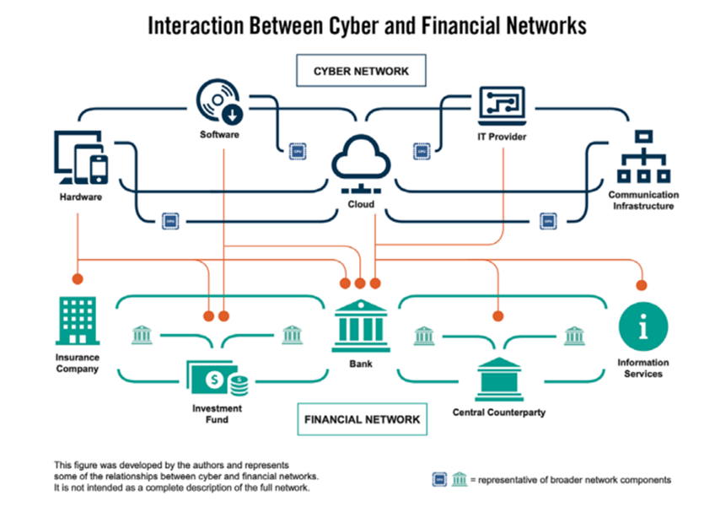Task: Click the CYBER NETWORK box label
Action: click(361, 71)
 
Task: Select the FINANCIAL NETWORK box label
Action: click(362, 418)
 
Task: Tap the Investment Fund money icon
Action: click(218, 380)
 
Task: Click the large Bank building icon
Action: click(361, 326)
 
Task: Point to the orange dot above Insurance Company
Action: click(78, 278)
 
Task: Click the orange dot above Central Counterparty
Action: click(497, 316)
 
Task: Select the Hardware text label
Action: click(81, 197)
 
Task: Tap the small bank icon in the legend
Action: click(459, 479)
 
